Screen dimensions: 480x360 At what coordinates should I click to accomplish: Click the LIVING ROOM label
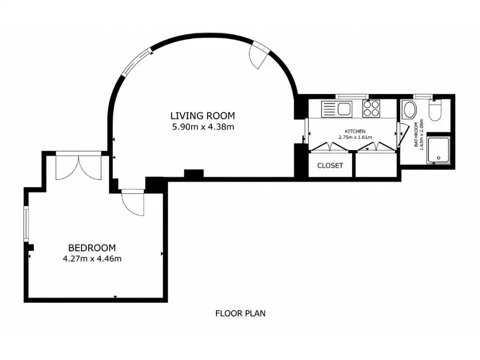(x=202, y=116)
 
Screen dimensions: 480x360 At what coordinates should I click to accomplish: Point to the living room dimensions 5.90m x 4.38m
(x=203, y=127)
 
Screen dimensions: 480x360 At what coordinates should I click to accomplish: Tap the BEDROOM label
(x=92, y=247)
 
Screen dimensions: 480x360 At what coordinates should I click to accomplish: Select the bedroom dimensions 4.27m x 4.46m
(x=92, y=259)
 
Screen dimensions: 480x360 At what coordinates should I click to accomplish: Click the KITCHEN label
(x=355, y=131)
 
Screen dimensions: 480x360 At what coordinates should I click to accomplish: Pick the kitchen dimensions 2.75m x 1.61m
(x=355, y=137)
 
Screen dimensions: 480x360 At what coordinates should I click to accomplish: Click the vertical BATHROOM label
(x=416, y=135)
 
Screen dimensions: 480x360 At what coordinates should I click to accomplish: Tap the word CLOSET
(x=330, y=165)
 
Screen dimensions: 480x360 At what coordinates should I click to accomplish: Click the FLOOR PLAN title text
(x=240, y=314)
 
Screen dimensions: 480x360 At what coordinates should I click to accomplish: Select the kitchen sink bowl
(x=344, y=109)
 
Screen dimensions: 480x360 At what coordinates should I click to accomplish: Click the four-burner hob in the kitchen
(x=371, y=109)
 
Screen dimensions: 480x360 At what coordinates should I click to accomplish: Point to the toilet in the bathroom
(x=435, y=110)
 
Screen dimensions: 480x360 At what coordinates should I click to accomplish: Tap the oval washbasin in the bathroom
(x=410, y=110)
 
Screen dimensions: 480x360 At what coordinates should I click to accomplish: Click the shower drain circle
(x=439, y=158)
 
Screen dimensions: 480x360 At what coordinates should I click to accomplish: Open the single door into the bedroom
(x=133, y=202)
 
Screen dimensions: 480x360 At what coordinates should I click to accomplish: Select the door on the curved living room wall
(x=259, y=55)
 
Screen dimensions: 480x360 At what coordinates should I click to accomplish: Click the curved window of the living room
(x=137, y=62)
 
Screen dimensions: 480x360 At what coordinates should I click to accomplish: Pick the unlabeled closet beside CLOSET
(x=376, y=165)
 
